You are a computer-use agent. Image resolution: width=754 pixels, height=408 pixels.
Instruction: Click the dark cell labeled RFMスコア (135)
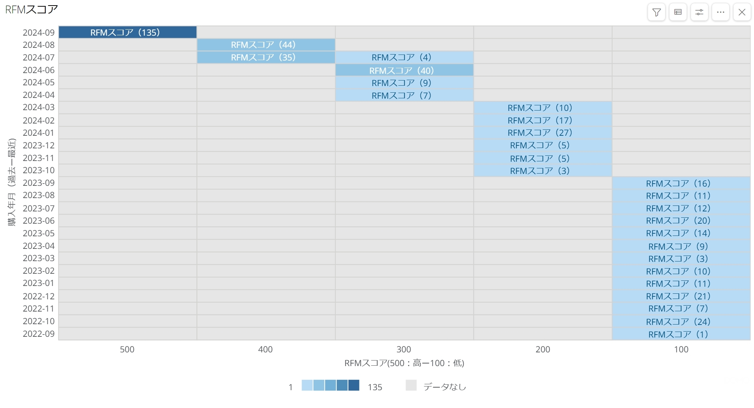point(127,32)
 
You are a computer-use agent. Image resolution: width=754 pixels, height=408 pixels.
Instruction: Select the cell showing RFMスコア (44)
point(266,45)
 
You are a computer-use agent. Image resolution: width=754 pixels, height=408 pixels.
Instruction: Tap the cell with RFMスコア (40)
point(404,70)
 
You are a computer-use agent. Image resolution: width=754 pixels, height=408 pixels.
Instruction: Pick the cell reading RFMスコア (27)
point(542,133)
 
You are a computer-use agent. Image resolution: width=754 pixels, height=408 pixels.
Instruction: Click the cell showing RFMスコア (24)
point(681,321)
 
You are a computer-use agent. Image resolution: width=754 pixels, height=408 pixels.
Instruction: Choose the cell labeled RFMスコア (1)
point(681,334)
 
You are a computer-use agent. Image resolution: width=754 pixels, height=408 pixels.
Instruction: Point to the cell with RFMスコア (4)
point(404,57)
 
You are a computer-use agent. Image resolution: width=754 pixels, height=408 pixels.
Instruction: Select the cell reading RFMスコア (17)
point(542,120)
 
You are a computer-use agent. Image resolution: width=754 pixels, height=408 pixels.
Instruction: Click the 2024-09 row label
point(39,33)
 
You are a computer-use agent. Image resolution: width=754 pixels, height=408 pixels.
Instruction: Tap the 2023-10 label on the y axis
point(39,170)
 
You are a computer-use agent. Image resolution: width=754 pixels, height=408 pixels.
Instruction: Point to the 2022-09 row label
point(39,334)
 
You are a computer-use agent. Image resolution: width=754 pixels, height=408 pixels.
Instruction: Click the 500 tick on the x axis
point(127,349)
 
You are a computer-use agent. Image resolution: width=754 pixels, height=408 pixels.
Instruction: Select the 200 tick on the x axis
point(542,349)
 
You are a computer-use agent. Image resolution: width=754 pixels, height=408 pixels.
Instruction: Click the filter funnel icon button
point(657,12)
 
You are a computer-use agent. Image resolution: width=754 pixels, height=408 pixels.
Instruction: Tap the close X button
point(742,12)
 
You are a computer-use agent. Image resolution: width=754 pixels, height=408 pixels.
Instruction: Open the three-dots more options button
point(721,12)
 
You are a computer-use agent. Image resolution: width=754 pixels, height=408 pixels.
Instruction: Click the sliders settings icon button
point(699,12)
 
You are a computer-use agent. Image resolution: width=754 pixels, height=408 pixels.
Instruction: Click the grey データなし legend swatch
point(411,385)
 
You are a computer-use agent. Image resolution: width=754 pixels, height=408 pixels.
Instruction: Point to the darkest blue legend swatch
point(354,385)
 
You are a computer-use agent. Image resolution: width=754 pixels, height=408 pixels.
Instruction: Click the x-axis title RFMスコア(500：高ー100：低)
point(404,363)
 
